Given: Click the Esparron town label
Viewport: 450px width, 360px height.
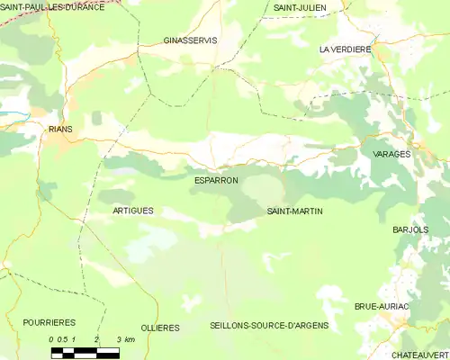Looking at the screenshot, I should pyautogui.click(x=216, y=180).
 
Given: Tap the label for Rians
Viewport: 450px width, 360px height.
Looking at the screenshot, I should pyautogui.click(x=60, y=129).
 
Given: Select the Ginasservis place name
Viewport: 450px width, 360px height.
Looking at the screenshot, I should pyautogui.click(x=191, y=40).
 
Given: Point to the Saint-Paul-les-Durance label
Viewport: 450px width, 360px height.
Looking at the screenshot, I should pyautogui.click(x=52, y=6).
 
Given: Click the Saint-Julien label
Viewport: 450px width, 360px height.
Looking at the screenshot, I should pyautogui.click(x=300, y=7).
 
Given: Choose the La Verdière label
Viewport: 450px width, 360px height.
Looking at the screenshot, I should pyautogui.click(x=345, y=49).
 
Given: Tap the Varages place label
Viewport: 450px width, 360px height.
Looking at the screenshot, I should pyautogui.click(x=391, y=154).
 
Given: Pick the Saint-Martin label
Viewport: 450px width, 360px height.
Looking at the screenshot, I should pyautogui.click(x=295, y=211).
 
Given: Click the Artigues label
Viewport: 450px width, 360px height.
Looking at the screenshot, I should pyautogui.click(x=133, y=210).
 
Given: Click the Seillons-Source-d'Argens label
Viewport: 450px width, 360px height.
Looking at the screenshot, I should pyautogui.click(x=268, y=325).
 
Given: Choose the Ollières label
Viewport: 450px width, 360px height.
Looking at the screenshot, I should pyautogui.click(x=161, y=328).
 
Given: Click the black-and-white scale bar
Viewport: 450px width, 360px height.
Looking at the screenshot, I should pyautogui.click(x=85, y=349).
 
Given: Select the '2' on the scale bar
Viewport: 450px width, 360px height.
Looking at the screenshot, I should pyautogui.click(x=95, y=339).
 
